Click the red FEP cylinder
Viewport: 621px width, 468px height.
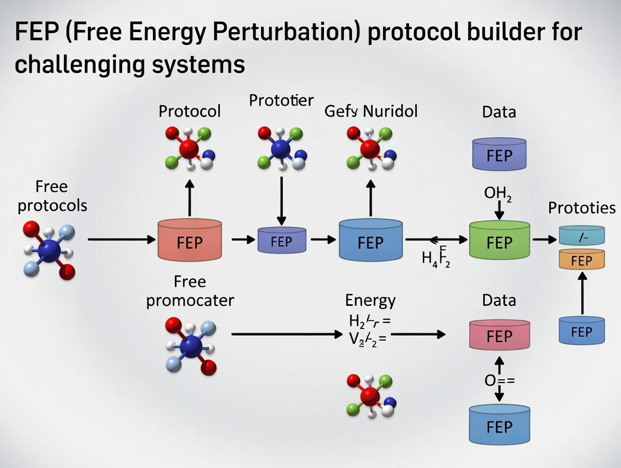190,240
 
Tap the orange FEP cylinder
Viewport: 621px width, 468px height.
582,260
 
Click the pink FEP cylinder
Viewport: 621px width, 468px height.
499,335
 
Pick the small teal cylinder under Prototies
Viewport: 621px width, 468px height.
582,235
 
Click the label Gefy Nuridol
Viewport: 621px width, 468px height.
371,111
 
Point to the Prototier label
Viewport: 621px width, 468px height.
281,101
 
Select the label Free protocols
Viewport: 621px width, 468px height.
52,196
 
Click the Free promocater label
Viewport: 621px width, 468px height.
190,291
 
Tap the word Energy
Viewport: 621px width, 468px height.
370,300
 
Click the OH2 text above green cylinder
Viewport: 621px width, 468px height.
498,194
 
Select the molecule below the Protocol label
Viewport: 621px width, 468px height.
190,147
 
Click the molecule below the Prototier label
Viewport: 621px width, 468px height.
281,148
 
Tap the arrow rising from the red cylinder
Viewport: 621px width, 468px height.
190,198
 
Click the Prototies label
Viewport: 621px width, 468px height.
582,208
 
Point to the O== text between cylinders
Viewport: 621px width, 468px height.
499,380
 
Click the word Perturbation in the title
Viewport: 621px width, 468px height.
277,32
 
